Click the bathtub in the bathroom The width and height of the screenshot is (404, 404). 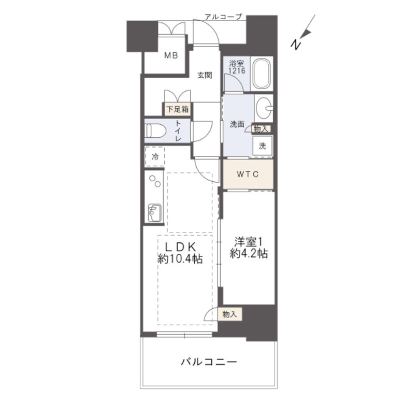pyautogui.click(x=262, y=74)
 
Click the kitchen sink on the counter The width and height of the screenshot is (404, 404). pyautogui.click(x=154, y=213)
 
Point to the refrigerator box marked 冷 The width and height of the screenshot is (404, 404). pyautogui.click(x=155, y=156)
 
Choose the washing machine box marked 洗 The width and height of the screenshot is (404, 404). pyautogui.click(x=262, y=146)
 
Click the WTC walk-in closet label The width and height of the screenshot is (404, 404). pyautogui.click(x=248, y=175)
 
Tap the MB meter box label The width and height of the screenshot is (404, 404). pyautogui.click(x=171, y=55)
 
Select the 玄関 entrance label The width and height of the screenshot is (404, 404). pyautogui.click(x=205, y=76)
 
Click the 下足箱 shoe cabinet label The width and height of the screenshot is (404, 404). pyautogui.click(x=178, y=109)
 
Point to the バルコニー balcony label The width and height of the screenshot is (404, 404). pyautogui.click(x=209, y=362)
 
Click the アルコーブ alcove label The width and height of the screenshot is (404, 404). pyautogui.click(x=223, y=17)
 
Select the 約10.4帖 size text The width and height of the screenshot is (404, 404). pyautogui.click(x=180, y=258)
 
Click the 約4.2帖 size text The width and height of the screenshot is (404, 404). pyautogui.click(x=249, y=253)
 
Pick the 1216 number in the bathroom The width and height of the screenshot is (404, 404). pyautogui.click(x=237, y=70)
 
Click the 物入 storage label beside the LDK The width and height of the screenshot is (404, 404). pyautogui.click(x=229, y=314)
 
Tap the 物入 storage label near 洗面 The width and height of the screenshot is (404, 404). pyautogui.click(x=261, y=129)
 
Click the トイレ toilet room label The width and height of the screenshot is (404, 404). pyautogui.click(x=178, y=131)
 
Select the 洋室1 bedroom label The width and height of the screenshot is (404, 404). pyautogui.click(x=248, y=242)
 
